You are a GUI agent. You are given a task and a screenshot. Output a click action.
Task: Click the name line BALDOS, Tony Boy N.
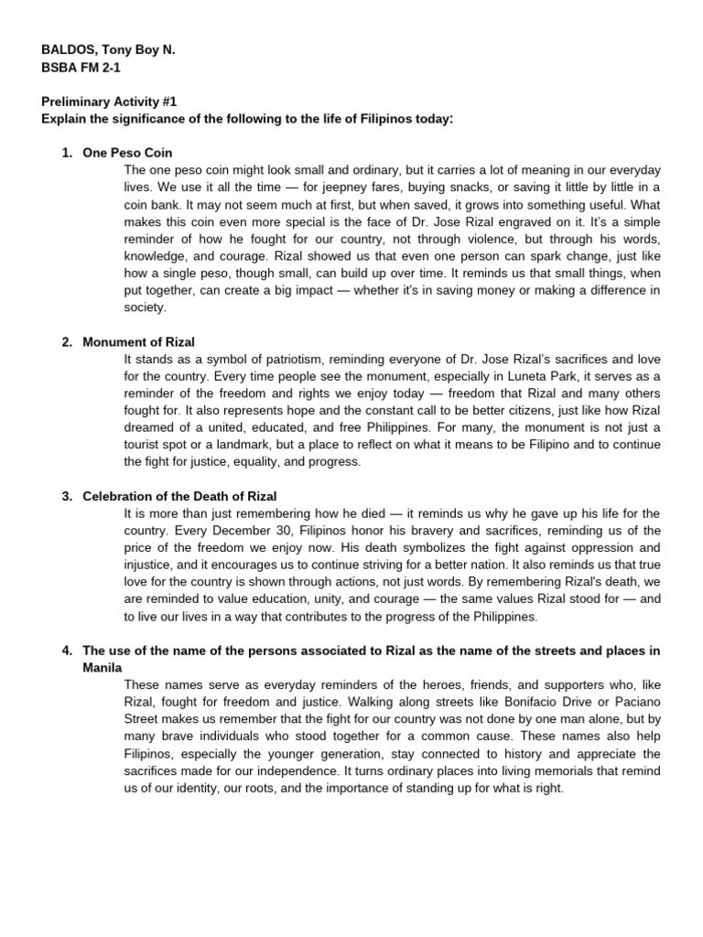click(x=107, y=52)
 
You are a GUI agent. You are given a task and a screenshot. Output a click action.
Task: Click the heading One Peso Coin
click(x=127, y=153)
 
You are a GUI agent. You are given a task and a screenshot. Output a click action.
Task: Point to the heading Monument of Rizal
click(x=138, y=341)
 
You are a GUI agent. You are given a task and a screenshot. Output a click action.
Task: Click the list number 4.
click(x=67, y=651)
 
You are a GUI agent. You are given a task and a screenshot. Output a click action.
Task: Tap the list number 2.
click(x=67, y=341)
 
